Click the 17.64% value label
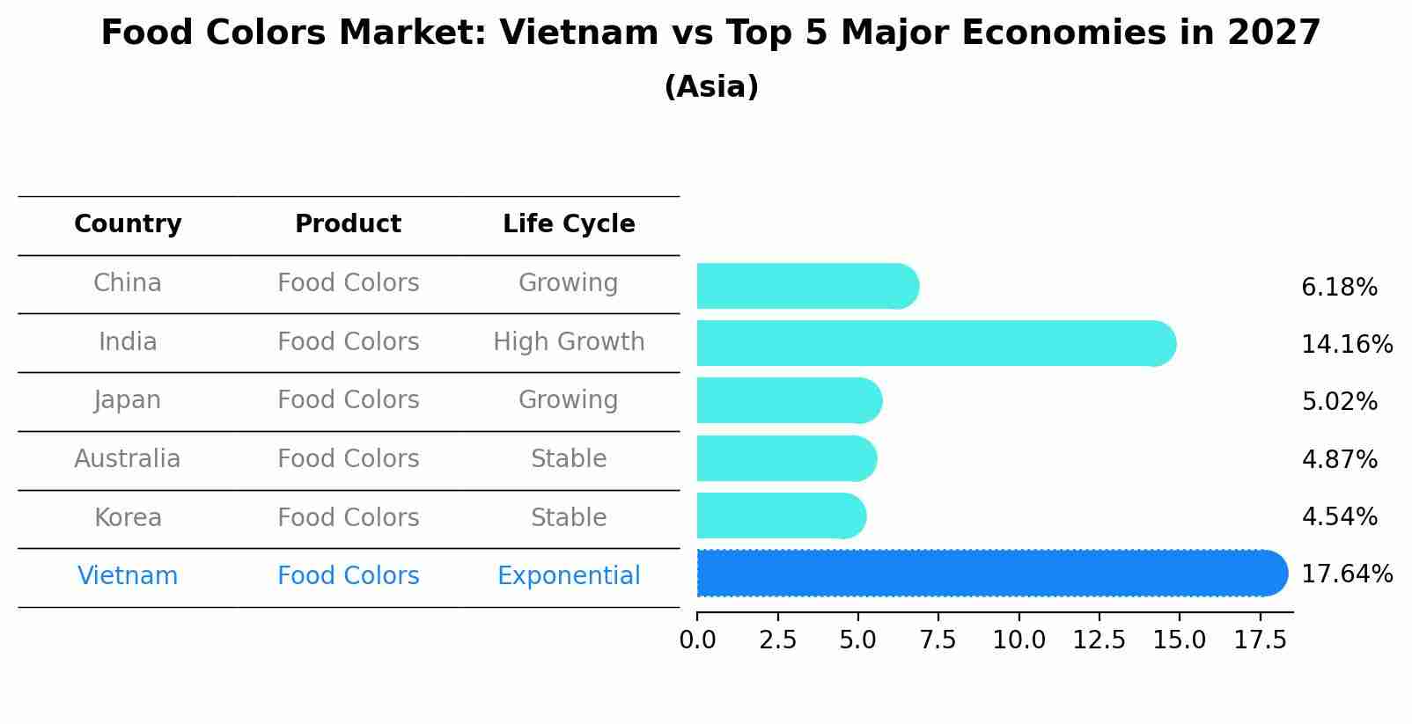pos(1346,574)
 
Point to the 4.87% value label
pos(1338,459)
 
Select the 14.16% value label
pos(1346,344)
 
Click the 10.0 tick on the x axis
pos(1019,640)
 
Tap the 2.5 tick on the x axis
pos(777,640)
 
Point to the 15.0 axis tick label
pos(1180,640)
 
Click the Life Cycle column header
pos(569,224)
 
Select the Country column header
pos(128,224)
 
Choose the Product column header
pos(348,224)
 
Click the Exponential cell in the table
pos(569,576)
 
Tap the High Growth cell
pos(569,341)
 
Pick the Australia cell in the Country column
pos(128,459)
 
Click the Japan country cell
pos(128,400)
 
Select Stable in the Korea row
pos(569,517)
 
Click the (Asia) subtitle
pos(711,87)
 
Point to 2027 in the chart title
pos(1274,33)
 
